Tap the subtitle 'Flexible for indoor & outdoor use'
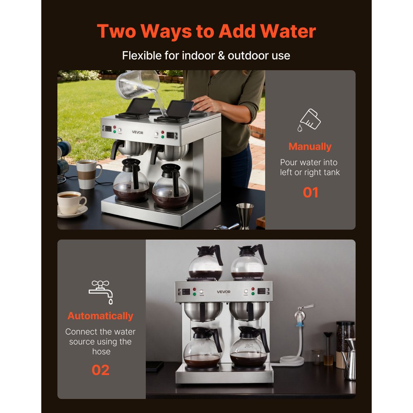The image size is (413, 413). click(x=206, y=55)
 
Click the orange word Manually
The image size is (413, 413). click(x=310, y=147)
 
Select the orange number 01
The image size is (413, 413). click(x=310, y=192)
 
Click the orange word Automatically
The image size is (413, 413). click(x=100, y=316)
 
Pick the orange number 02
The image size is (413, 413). click(x=100, y=370)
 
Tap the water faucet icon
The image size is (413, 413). click(x=100, y=291)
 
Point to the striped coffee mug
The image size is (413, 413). click(x=88, y=174)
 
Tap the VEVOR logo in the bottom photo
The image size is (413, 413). click(x=223, y=292)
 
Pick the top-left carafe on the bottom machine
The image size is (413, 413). click(x=205, y=262)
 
